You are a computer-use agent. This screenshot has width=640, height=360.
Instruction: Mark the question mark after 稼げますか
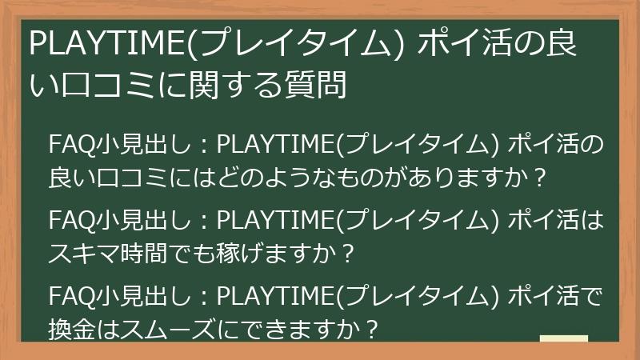point(346,254)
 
